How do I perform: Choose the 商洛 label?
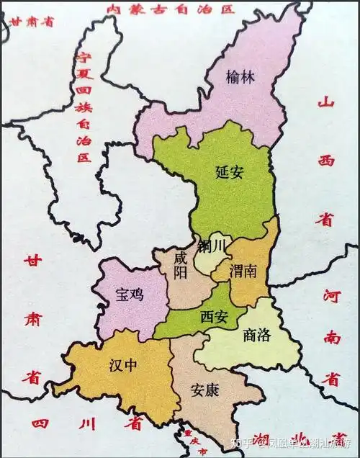click(x=258, y=335)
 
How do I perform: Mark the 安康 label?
click(x=205, y=390)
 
